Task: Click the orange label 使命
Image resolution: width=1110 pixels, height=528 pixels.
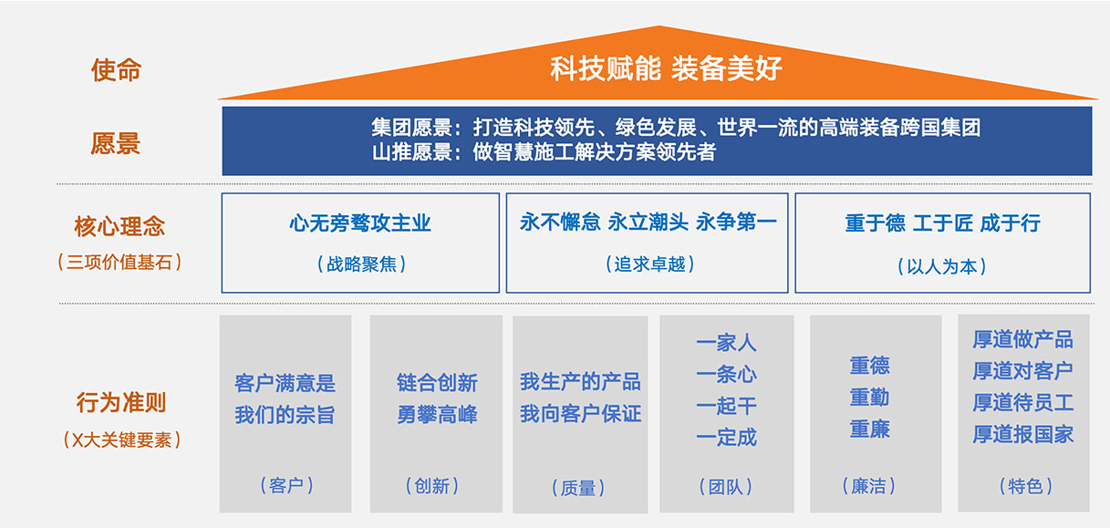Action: tap(116, 69)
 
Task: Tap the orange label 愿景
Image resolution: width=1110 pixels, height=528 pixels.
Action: tap(116, 143)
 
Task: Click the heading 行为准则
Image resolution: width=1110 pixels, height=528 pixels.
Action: tap(120, 402)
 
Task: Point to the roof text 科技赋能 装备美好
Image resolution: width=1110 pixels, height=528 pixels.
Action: tap(666, 68)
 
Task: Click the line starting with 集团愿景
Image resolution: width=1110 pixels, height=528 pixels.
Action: tap(675, 128)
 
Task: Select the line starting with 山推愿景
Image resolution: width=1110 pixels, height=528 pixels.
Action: tap(543, 152)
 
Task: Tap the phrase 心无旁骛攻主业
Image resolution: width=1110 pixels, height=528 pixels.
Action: tap(360, 223)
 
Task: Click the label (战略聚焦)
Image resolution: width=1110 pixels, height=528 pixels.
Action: tap(360, 264)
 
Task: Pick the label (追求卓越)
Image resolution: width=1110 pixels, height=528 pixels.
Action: tap(648, 264)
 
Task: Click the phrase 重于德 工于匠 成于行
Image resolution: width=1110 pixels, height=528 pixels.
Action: tap(942, 223)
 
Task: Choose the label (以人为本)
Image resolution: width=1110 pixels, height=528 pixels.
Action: tap(942, 266)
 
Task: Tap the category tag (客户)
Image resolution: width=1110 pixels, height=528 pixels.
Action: tap(285, 485)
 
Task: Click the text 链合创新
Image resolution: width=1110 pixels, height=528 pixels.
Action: tap(437, 383)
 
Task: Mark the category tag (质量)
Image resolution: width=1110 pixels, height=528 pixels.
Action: tap(579, 488)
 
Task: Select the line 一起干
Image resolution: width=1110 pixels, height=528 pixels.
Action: tap(726, 406)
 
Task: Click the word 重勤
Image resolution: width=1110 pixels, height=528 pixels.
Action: tap(869, 398)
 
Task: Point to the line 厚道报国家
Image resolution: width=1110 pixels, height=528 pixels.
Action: tap(1022, 434)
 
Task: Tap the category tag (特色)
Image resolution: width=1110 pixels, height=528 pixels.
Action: tap(1024, 486)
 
